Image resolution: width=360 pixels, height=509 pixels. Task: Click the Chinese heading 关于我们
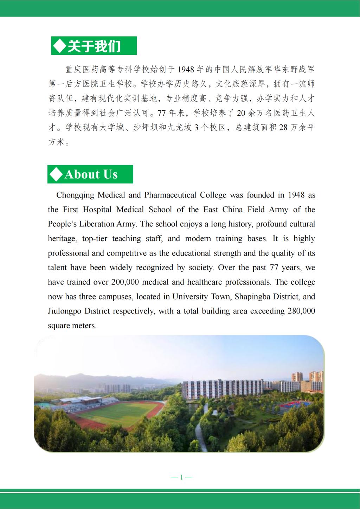pyautogui.click(x=94, y=46)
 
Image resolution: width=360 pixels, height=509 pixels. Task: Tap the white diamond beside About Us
pyautogui.click(x=56, y=174)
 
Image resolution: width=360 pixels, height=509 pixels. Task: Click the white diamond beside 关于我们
pyautogui.click(x=59, y=46)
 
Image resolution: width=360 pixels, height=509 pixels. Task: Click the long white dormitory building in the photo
pyautogui.click(x=225, y=388)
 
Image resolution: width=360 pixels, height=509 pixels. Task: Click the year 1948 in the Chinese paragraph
pyautogui.click(x=185, y=70)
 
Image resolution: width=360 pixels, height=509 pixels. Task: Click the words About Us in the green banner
pyautogui.click(x=91, y=174)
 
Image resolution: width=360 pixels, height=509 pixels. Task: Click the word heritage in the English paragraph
pyautogui.click(x=62, y=239)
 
